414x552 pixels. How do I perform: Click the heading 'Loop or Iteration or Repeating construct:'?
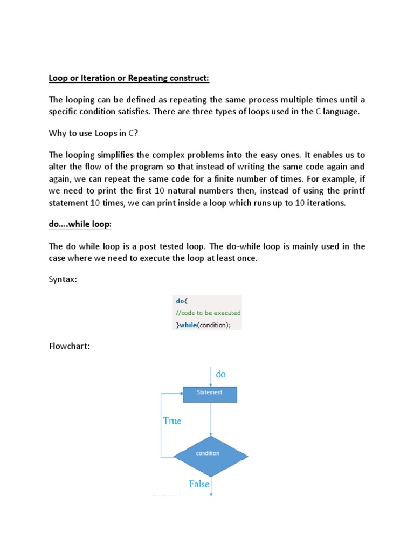pyautogui.click(x=128, y=78)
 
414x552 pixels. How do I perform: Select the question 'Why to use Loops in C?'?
pyautogui.click(x=91, y=133)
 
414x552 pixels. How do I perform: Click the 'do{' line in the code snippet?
pyautogui.click(x=179, y=301)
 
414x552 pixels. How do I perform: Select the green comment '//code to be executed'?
pyautogui.click(x=207, y=313)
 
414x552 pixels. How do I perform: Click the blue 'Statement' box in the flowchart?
pyautogui.click(x=210, y=394)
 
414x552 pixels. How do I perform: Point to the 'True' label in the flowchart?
pyautogui.click(x=172, y=421)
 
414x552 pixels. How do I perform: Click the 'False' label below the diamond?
pyautogui.click(x=199, y=484)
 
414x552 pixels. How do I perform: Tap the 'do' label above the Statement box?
pyautogui.click(x=221, y=374)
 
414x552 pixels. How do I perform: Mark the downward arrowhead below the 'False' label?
pyautogui.click(x=211, y=493)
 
